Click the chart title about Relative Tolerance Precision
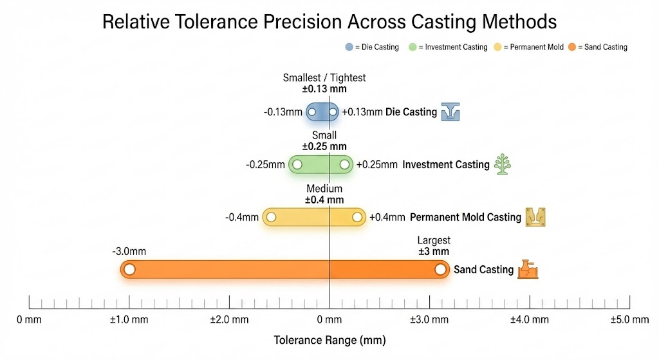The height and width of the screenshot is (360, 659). pos(329,21)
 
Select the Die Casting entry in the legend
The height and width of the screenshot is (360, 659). pos(373,47)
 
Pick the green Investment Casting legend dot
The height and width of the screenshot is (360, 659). pos(413,47)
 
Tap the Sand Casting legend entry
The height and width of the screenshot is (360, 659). pos(598,47)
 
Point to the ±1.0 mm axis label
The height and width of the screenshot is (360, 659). pos(129,319)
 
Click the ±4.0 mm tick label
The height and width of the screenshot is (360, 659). pos(530,319)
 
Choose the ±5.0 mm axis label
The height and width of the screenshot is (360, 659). pos(629,319)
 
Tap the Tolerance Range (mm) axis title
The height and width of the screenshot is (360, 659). pos(329,340)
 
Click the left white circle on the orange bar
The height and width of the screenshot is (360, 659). pos(129,269)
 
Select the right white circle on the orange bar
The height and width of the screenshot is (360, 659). pos(440,269)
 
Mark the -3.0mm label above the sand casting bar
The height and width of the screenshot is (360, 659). pos(129,250)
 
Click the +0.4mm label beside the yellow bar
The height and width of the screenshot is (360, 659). pos(387,218)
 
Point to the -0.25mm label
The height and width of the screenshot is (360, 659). pos(265,165)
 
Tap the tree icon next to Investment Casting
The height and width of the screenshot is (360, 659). pos(502,164)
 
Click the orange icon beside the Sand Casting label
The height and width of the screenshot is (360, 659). pos(528,269)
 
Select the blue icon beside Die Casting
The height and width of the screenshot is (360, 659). pos(450,112)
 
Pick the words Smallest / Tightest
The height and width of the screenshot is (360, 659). pos(324,78)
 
